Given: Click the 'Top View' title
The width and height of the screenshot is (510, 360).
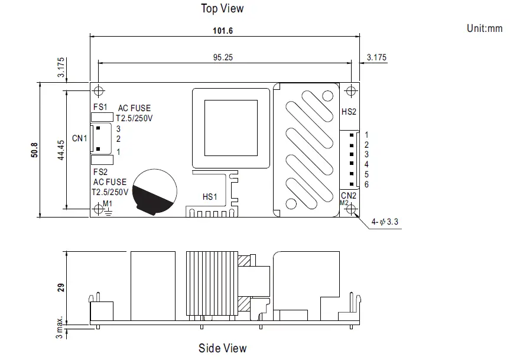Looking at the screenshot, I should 222,8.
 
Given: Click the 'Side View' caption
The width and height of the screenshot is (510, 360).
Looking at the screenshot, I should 222,348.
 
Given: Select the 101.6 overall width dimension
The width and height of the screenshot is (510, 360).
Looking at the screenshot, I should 225,30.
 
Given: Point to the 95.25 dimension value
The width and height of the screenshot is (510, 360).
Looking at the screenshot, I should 222,57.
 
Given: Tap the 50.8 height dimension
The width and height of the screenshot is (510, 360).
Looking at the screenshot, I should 34,150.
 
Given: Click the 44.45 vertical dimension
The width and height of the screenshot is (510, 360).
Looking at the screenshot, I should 61,150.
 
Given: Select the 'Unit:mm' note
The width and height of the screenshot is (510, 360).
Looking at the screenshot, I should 484,28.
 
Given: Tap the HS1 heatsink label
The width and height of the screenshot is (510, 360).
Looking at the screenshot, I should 210,197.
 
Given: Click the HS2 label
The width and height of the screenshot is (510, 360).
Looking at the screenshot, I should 349,112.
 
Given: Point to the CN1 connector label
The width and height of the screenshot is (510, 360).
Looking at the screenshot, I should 79,138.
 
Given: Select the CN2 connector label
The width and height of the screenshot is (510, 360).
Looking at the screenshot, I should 349,195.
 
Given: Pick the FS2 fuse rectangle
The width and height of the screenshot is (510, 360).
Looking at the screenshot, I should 102,159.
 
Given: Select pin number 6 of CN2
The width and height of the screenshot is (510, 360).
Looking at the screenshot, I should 366,184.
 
